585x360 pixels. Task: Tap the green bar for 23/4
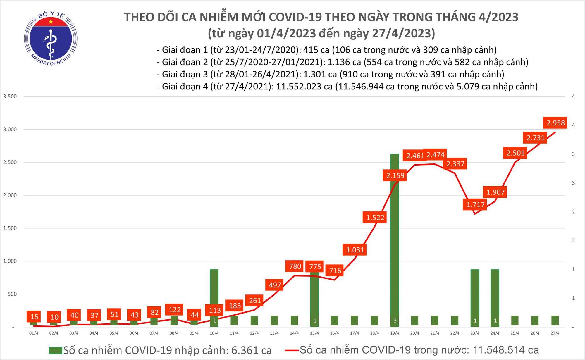tap(475, 292)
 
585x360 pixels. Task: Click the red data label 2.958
tap(555, 123)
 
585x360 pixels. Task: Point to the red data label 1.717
tap(475, 204)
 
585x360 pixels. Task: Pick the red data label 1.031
tap(355, 250)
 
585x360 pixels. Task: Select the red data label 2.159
tap(395, 175)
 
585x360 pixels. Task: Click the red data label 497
tap(275, 285)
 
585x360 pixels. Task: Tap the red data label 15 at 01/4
tap(34, 316)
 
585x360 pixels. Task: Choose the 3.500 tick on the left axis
tap(10, 96)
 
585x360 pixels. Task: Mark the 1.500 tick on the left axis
tap(10, 228)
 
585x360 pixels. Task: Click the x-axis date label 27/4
tap(555, 333)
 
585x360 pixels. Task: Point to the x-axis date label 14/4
tap(294, 333)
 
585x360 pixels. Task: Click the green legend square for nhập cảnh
tap(56, 350)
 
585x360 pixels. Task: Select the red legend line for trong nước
tap(291, 350)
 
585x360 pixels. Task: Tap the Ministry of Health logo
tap(51, 39)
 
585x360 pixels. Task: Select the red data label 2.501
tap(515, 153)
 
